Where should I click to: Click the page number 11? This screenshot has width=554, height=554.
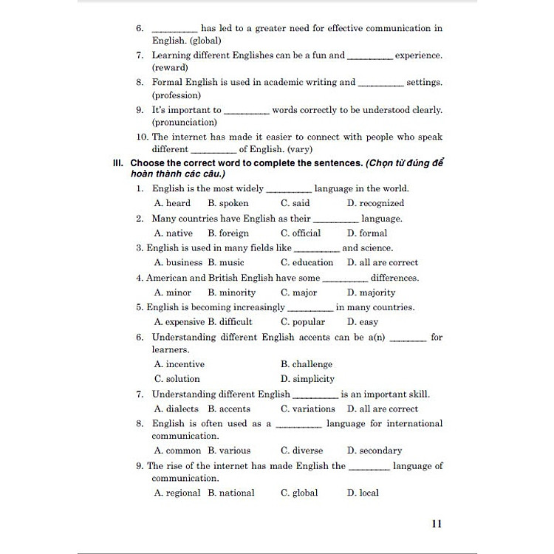pos(436,524)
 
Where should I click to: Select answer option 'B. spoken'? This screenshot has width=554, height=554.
pos(228,203)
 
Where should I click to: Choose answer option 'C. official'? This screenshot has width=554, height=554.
pos(301,233)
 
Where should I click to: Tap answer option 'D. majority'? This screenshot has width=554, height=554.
pos(371,293)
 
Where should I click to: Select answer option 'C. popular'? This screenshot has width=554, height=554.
pos(302,322)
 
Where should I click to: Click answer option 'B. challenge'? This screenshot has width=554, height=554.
pos(307,364)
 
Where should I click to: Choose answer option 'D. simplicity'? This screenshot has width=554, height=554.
pos(307,379)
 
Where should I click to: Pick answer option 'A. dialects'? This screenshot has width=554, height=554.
pos(176,408)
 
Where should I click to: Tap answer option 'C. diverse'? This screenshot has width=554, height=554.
pos(301,451)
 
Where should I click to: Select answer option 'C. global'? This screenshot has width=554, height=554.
pos(299,493)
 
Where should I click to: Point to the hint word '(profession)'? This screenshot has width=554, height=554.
pos(176,95)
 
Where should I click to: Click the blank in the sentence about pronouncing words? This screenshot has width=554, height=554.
pos(246,112)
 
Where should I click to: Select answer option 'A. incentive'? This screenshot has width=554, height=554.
pos(179,364)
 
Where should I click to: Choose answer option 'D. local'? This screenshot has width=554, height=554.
pos(363,493)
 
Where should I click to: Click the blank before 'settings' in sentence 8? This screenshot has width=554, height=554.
pos(380,84)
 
